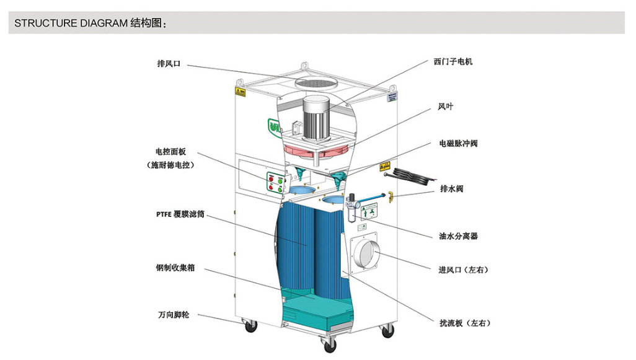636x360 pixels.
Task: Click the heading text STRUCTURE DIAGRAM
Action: click(71, 23)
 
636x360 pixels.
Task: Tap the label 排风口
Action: click(169, 64)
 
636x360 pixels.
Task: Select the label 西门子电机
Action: click(453, 61)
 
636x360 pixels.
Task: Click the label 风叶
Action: click(445, 107)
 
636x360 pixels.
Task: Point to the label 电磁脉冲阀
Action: click(458, 144)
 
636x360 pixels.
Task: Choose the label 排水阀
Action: click(451, 188)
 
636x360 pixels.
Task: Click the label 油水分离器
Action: click(458, 236)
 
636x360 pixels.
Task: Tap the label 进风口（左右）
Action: click(463, 270)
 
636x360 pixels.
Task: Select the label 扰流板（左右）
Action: click(465, 323)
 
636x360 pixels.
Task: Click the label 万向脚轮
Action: click(173, 315)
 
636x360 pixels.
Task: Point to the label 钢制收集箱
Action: click(175, 268)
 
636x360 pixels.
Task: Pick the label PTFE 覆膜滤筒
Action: click(180, 214)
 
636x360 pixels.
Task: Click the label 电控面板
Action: click(170, 152)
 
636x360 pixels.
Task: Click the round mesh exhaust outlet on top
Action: click(317, 82)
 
